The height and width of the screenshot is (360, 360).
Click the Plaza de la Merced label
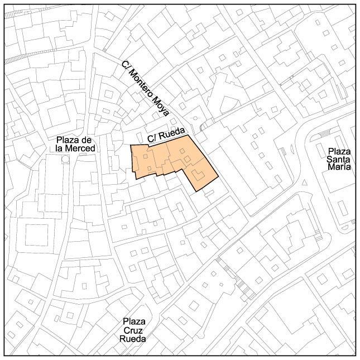point(75,143)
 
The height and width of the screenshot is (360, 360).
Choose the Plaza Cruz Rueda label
point(133,330)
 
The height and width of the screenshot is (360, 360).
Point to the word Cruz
point(133,330)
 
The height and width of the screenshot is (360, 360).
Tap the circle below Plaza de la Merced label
point(65,159)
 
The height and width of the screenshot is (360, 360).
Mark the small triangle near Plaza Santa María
point(304,183)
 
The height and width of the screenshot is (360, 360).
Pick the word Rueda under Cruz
point(133,338)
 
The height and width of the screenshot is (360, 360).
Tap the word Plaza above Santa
point(339,151)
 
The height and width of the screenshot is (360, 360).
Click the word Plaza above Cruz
point(134,321)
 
